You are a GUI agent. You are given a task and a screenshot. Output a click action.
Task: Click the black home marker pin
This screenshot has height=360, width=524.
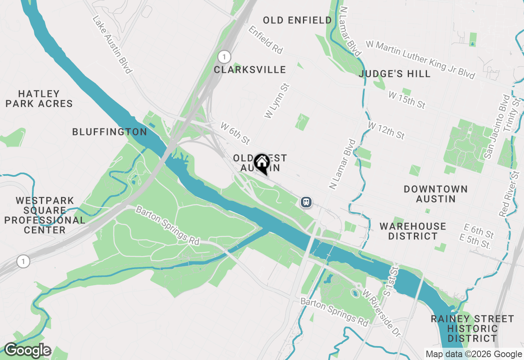point(262,164)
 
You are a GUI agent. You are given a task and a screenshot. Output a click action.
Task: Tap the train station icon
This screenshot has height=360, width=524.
point(306,202)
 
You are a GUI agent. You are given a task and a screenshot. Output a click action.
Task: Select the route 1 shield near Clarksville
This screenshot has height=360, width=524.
point(224,56)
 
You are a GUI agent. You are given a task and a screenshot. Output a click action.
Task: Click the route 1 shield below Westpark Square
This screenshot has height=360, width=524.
point(23,261)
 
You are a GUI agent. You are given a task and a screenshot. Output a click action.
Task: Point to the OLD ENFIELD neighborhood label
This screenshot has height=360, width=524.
point(297,20)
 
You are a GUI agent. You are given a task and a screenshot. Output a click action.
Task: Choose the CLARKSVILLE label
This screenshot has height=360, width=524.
point(250,70)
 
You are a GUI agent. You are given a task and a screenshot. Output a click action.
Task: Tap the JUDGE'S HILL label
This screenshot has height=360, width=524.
point(395,74)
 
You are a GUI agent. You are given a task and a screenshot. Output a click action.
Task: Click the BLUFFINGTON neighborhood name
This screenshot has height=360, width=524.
point(109,132)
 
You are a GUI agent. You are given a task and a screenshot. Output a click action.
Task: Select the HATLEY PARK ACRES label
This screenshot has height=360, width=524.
point(39,99)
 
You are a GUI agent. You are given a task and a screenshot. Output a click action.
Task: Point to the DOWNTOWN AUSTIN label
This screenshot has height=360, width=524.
point(436,194)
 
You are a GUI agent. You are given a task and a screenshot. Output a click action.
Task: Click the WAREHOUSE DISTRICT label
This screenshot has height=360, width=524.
point(413,231)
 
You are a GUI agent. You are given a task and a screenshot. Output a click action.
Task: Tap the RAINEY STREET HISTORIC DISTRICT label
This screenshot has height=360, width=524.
point(472,328)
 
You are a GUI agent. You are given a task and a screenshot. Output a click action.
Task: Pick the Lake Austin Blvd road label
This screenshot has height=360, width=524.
point(112,45)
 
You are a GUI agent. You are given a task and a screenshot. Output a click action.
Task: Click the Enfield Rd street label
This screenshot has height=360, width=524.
point(265,40)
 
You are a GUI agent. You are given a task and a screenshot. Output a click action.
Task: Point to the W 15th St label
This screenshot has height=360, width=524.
point(407,100)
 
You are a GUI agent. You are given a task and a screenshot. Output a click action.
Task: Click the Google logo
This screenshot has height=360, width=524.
point(27,350)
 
